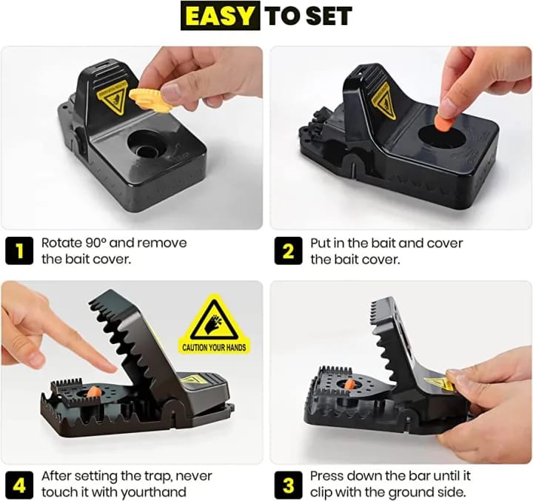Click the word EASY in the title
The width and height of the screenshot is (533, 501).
[x=220, y=16]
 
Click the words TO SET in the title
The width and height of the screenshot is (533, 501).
[x=308, y=16]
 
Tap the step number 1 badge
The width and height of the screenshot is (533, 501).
[x=19, y=252]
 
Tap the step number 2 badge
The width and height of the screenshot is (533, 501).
[x=288, y=252]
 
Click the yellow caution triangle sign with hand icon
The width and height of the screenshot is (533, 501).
[x=213, y=316]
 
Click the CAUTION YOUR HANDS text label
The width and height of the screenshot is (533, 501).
[x=213, y=347]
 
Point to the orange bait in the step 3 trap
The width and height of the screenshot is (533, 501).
[x=350, y=384]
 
